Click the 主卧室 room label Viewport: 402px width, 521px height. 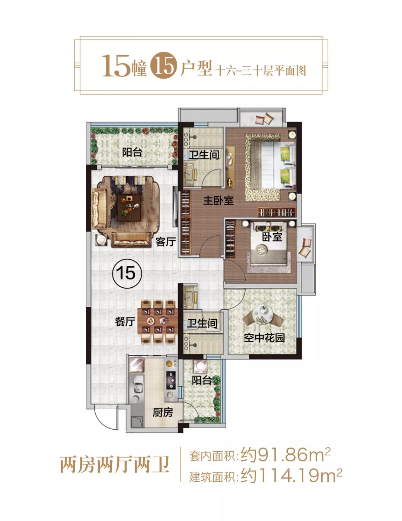pos(218,200)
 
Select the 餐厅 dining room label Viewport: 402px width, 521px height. pos(125,322)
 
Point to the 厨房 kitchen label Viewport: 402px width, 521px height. pos(163,413)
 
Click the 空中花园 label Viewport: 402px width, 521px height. pos(264,338)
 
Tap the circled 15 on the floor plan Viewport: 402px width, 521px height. pos(127,273)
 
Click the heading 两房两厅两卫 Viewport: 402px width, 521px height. pos(115,465)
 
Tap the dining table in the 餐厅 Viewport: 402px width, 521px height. pos(158,320)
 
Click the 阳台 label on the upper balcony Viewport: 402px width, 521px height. pos(132,152)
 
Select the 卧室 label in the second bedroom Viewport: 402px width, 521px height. pos(272,237)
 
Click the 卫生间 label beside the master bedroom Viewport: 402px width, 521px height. pos(204,155)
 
